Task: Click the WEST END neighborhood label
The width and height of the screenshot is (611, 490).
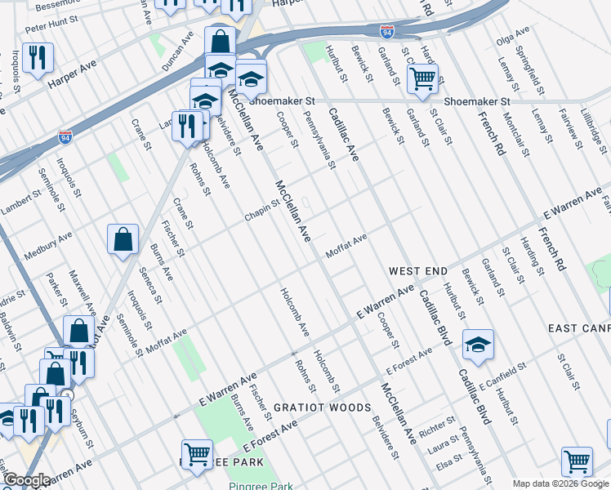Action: pyautogui.click(x=417, y=270)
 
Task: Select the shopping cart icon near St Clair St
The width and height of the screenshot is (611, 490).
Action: pyautogui.click(x=421, y=79)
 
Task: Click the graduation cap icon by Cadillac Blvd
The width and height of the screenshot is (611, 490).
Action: pyautogui.click(x=478, y=345)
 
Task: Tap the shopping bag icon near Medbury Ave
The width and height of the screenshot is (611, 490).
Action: pyautogui.click(x=123, y=240)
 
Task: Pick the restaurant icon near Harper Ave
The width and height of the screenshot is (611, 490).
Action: pyautogui.click(x=38, y=58)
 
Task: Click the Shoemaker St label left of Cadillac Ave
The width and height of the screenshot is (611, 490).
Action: pyautogui.click(x=282, y=100)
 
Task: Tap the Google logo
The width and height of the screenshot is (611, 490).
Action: pyautogui.click(x=27, y=480)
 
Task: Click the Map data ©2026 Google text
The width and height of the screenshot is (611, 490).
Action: pyautogui.click(x=560, y=483)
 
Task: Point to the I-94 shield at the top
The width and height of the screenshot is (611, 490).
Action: pyautogui.click(x=387, y=32)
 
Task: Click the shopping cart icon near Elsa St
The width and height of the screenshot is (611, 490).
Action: pyautogui.click(x=577, y=461)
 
